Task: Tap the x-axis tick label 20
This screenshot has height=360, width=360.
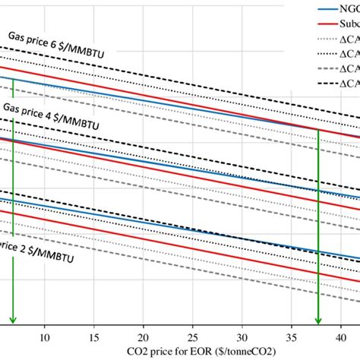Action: click(x=144, y=333)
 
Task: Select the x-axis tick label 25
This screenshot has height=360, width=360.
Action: click(x=193, y=333)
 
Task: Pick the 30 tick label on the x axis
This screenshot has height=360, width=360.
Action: click(x=242, y=333)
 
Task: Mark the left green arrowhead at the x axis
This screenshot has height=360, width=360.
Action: click(x=13, y=321)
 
